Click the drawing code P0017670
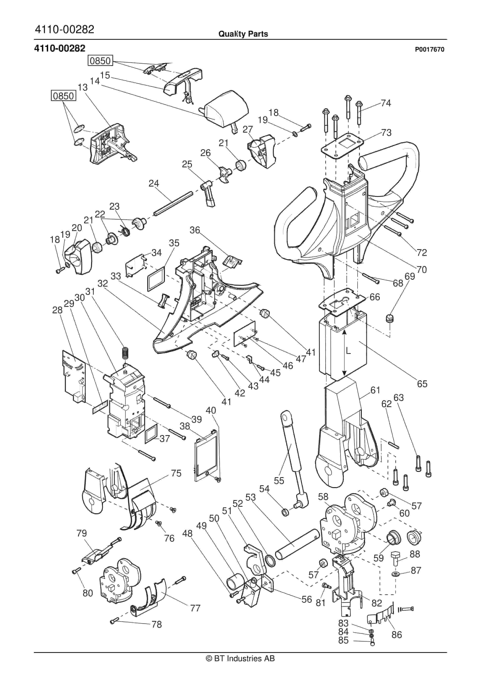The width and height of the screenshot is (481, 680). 429,50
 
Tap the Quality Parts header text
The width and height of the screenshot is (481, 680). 243,34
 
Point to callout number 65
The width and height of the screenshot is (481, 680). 422,384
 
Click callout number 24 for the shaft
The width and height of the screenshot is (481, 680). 154,183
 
